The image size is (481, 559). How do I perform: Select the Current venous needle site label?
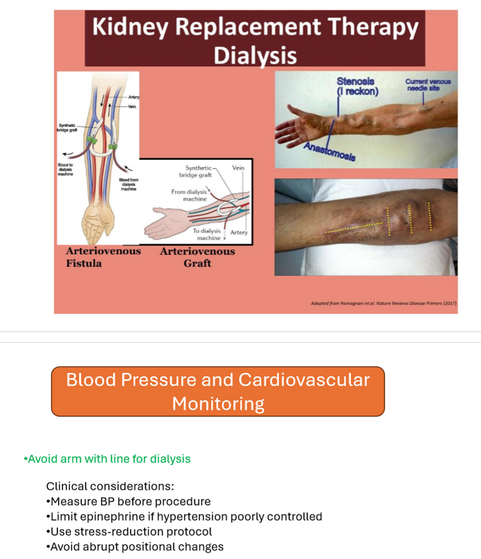click(x=428, y=85)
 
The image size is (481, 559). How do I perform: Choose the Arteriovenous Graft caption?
click(x=197, y=257)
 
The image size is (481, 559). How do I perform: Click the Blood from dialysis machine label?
click(x=128, y=184)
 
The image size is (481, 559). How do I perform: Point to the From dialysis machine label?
click(x=189, y=195)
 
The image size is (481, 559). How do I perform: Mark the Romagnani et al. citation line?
click(x=383, y=303)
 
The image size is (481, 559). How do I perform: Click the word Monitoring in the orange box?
click(x=218, y=404)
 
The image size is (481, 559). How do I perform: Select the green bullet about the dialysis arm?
click(x=107, y=459)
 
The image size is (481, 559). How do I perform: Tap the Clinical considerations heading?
click(x=110, y=486)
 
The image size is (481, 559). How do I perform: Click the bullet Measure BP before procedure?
click(x=128, y=502)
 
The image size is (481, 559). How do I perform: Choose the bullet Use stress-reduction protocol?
click(x=129, y=532)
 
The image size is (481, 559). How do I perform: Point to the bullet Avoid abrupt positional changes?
click(x=135, y=547)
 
